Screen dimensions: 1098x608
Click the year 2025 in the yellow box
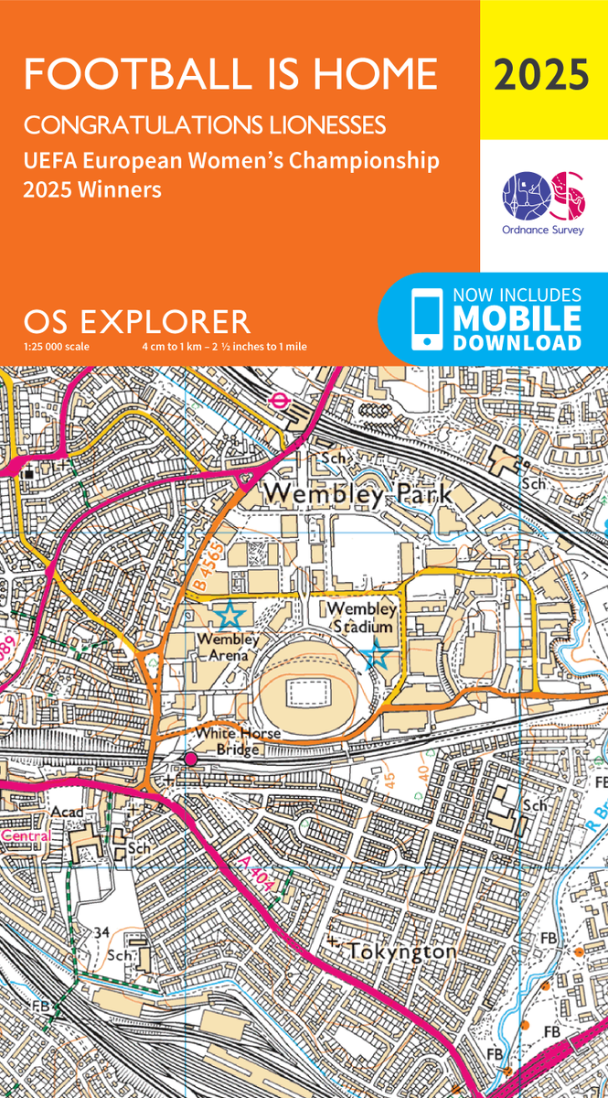pos(542,74)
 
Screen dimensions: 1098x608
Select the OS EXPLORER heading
pos(137,321)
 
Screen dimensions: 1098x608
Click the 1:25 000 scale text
pos(57,347)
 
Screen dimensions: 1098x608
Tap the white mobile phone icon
pos(426,318)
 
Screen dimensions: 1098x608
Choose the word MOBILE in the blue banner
pos(517,318)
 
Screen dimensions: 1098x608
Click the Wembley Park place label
pos(357,494)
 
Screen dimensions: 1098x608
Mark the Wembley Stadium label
pos(361,618)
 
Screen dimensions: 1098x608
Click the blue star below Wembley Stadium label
pos(378,655)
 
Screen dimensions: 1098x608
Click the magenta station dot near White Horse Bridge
pos(191,759)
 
